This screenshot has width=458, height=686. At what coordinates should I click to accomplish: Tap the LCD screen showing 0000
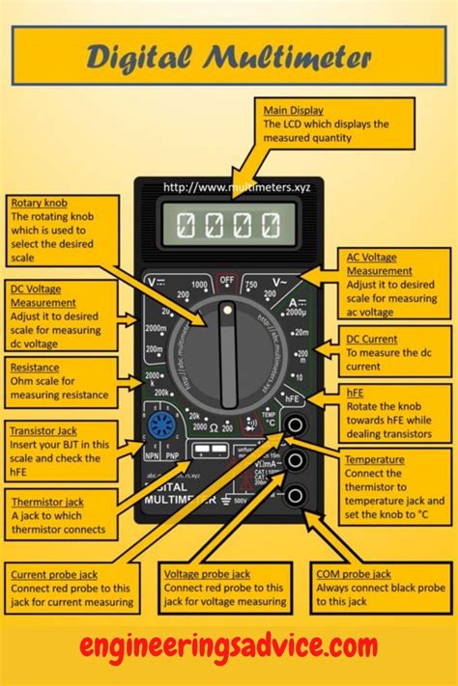tap(229, 227)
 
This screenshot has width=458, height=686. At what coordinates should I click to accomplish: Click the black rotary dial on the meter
tap(228, 354)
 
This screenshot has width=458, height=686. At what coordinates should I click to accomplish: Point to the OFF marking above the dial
tap(227, 281)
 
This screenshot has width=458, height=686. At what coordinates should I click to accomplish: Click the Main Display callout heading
tap(294, 110)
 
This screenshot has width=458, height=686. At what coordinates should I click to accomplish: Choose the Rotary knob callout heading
tap(39, 203)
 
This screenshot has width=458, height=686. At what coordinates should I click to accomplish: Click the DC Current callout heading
tap(373, 340)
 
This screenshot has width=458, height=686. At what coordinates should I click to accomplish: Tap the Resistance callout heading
tap(34, 368)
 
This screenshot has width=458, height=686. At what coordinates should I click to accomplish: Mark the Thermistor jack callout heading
tap(47, 502)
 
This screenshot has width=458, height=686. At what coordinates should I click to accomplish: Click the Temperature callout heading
tap(375, 460)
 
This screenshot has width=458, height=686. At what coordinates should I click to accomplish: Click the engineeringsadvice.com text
tap(229, 645)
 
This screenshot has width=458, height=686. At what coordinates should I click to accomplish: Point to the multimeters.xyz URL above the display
tap(229, 186)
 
